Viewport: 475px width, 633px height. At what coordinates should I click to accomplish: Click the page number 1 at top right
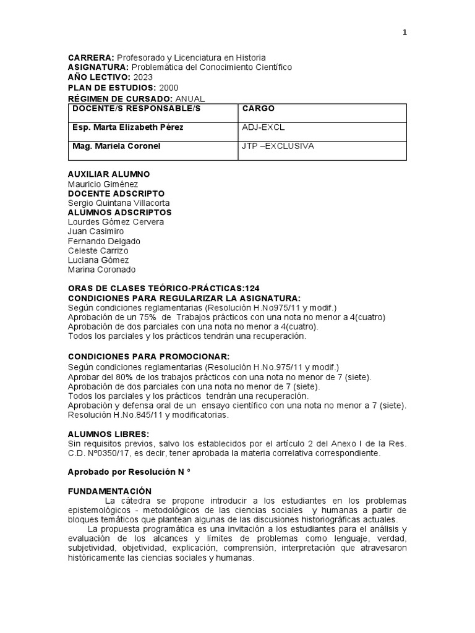404,33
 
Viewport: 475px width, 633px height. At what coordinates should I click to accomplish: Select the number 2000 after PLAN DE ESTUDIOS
171,88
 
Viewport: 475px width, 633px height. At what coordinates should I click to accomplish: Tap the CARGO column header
254,109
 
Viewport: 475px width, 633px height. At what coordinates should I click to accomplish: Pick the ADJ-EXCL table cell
263,127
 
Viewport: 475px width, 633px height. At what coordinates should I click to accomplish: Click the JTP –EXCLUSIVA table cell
278,146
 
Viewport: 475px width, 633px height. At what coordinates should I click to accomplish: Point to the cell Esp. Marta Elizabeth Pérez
127,127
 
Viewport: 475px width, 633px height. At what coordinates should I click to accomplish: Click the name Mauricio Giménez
103,184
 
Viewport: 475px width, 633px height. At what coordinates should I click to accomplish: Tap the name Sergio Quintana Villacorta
118,203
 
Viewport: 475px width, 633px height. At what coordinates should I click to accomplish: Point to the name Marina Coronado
101,270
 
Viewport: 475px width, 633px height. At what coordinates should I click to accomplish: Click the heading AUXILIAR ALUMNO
108,174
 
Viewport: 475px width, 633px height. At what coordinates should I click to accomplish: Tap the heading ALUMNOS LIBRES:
108,435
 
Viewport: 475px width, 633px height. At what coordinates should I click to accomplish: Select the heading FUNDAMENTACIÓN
109,491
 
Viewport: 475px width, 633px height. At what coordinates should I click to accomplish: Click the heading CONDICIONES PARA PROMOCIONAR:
148,357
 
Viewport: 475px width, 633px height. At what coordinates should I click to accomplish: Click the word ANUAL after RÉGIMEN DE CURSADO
190,98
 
